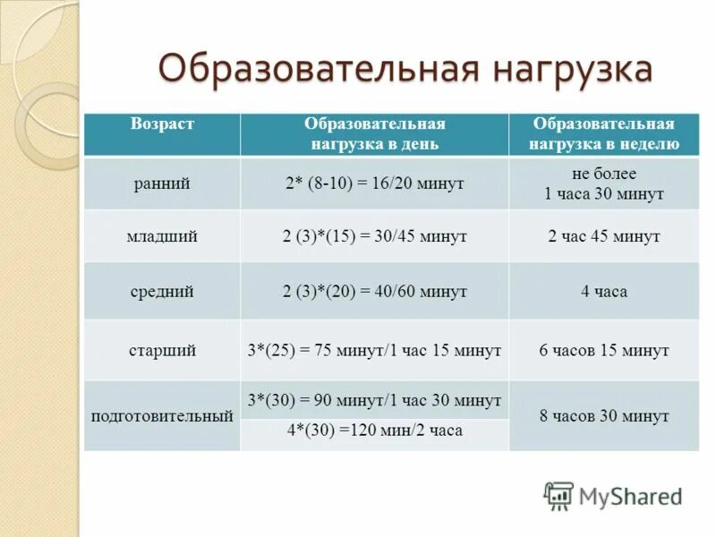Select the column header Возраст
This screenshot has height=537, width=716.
[x=162, y=124]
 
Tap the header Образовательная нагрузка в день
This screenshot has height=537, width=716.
[x=374, y=133]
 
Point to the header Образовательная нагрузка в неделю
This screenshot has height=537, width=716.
[x=603, y=133]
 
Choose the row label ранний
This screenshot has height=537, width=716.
[x=162, y=183]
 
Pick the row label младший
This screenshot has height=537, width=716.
[x=162, y=236]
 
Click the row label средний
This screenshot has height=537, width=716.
[x=162, y=291]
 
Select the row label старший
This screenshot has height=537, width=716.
[x=162, y=350]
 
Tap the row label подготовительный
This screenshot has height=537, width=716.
[x=162, y=416]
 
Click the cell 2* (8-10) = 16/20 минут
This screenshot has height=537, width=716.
[x=374, y=183]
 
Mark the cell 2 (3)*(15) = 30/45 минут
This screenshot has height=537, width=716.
[x=374, y=236]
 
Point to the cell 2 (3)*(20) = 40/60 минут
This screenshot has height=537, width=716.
[x=374, y=291]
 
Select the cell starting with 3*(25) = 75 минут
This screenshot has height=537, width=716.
[x=374, y=350]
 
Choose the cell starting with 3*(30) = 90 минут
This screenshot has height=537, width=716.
[x=374, y=400]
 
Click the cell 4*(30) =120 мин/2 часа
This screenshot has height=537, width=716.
[x=374, y=430]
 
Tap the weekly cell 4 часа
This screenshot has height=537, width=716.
[x=603, y=291]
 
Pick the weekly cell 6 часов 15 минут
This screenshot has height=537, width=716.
[x=603, y=350]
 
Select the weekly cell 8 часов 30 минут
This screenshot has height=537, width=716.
[x=603, y=416]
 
